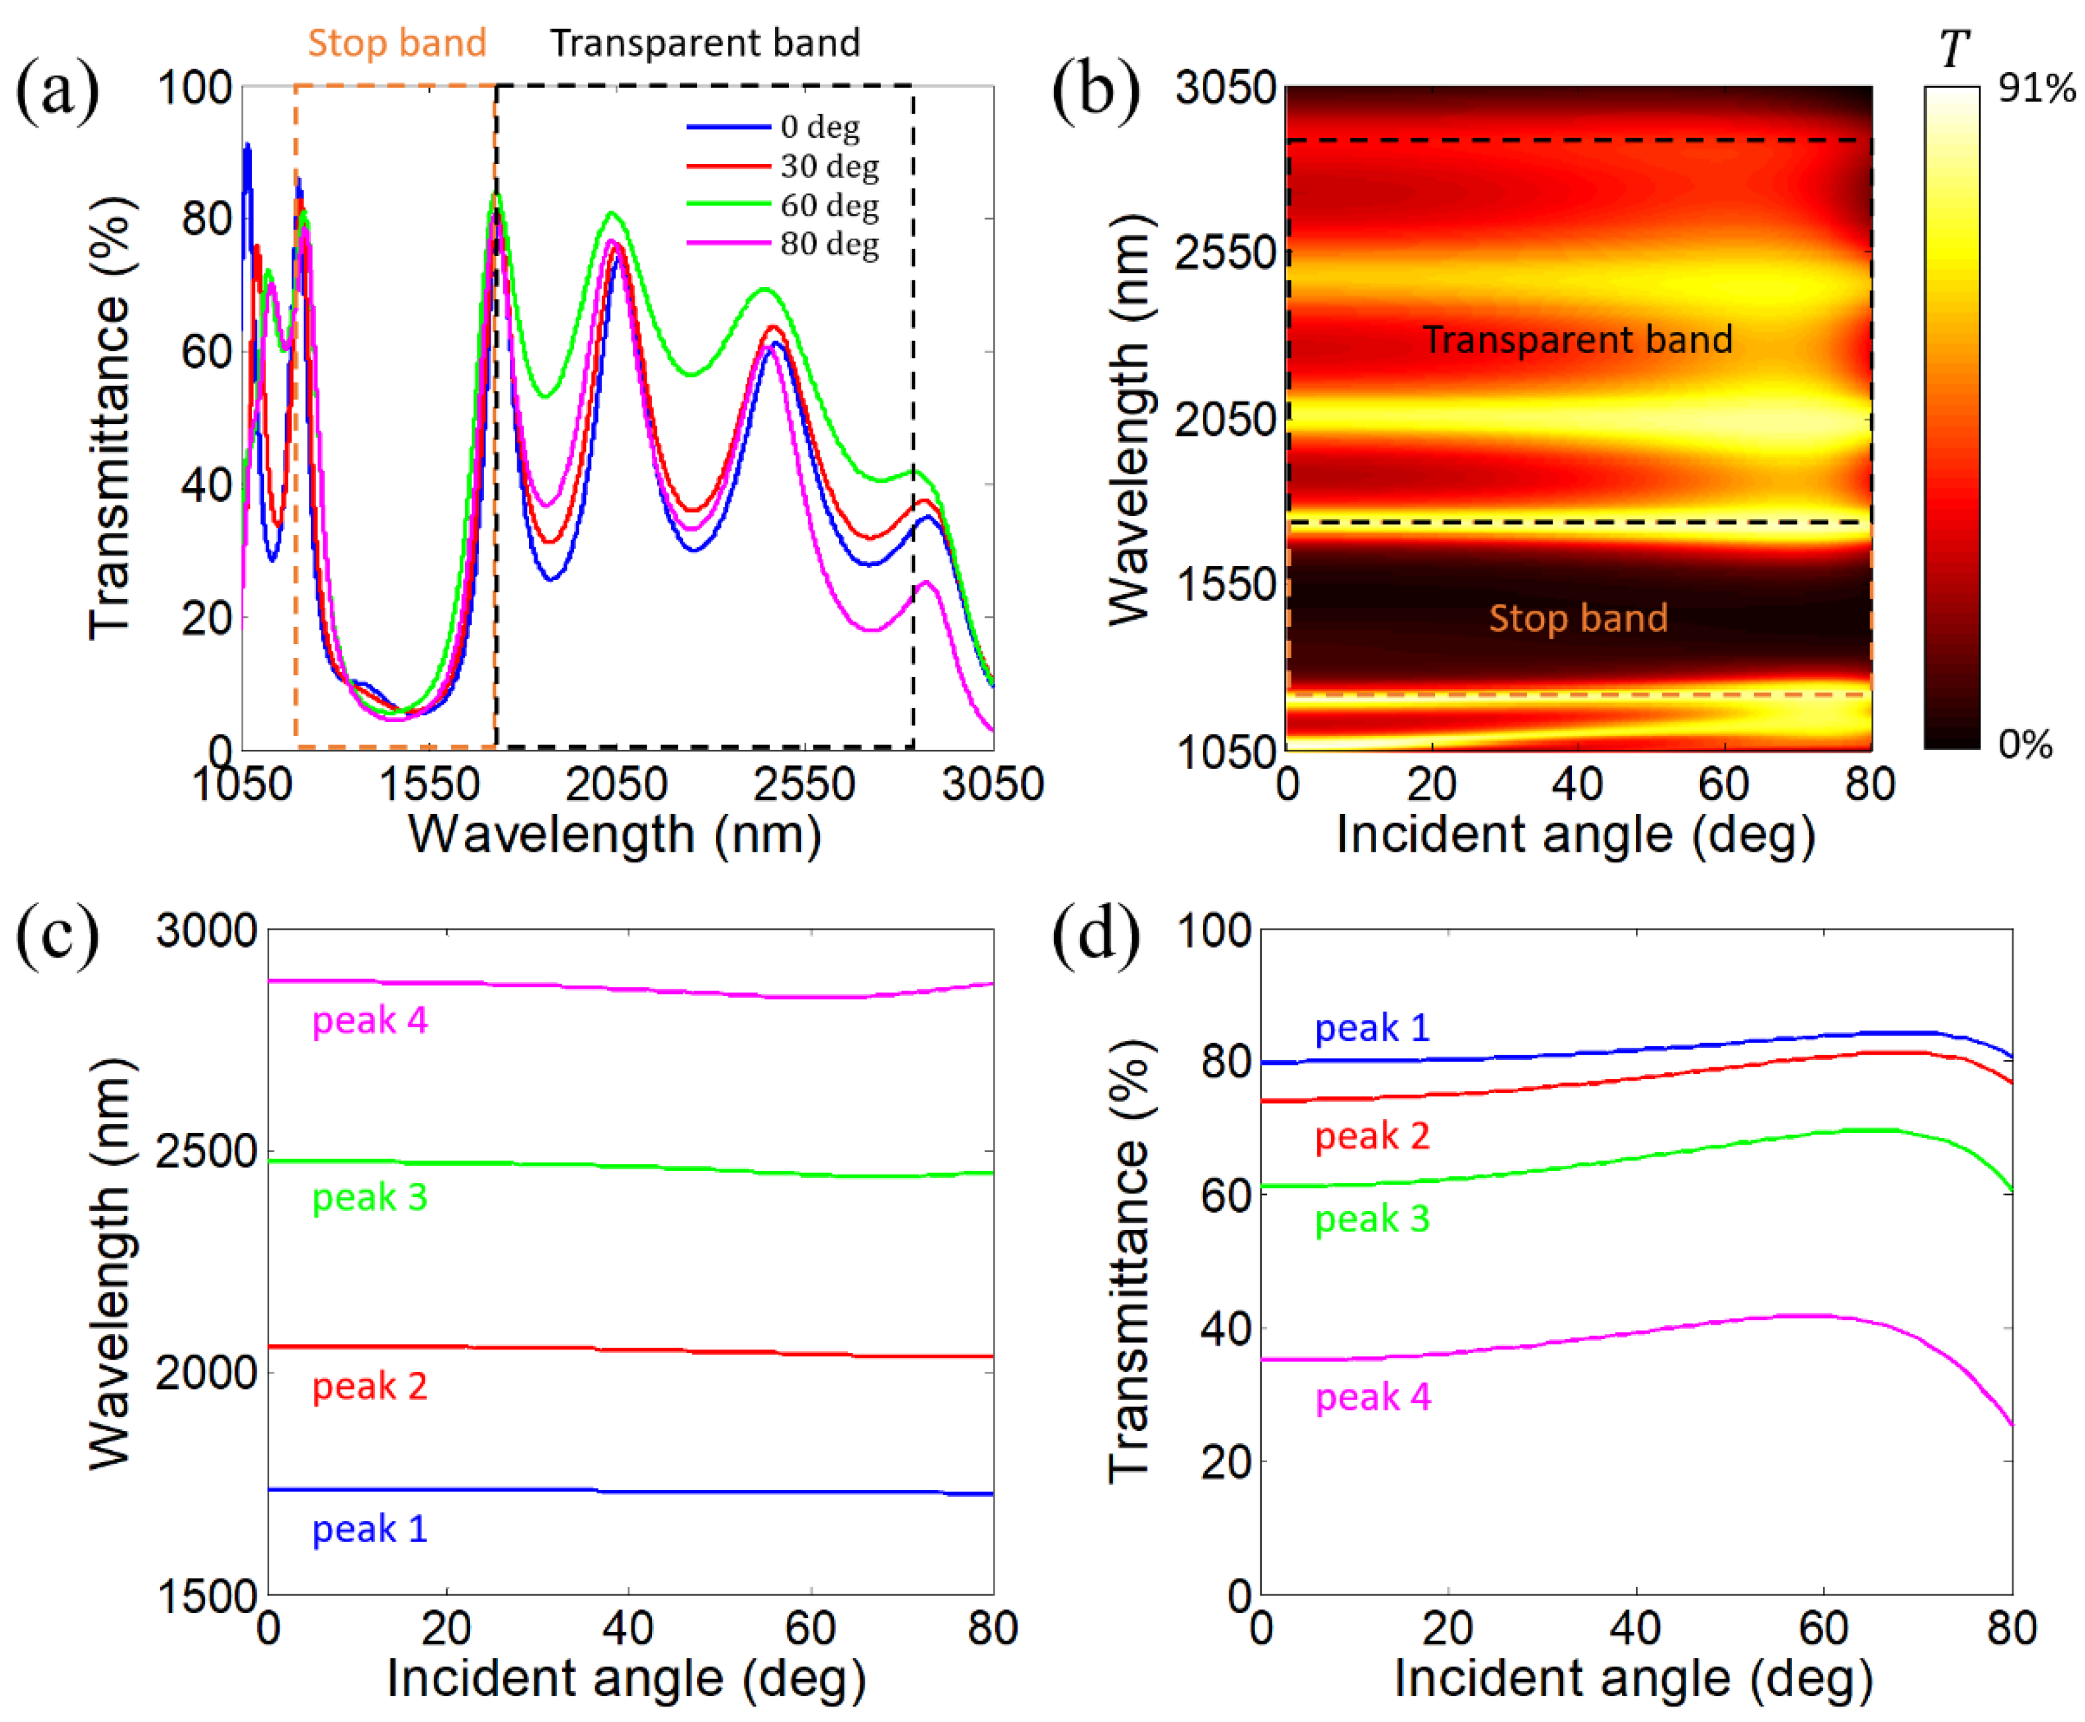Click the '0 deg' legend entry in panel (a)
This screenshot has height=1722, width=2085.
tap(819, 127)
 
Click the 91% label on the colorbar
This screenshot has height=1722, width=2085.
tap(2037, 89)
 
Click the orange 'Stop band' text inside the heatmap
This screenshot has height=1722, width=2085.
tap(1577, 618)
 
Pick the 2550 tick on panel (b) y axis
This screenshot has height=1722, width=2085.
tap(1225, 254)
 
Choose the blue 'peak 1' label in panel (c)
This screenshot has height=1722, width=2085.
tap(369, 1529)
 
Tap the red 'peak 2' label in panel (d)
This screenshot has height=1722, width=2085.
tap(1371, 1135)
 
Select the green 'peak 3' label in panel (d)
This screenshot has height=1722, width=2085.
tap(1371, 1218)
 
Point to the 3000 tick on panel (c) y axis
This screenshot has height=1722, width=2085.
tap(206, 930)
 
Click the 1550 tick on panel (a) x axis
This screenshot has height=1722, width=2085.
tap(430, 784)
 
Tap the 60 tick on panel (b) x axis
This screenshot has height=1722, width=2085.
tap(1723, 784)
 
